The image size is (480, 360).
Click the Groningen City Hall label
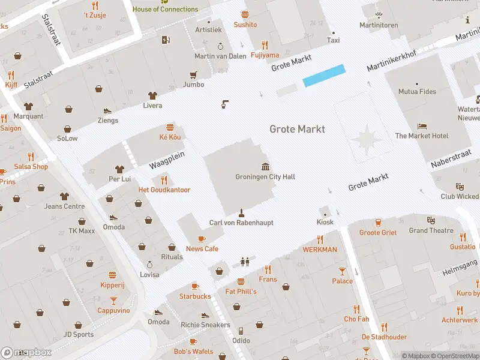[x=265, y=177]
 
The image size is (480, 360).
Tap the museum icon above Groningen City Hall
[x=265, y=166]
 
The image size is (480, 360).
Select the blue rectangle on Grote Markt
[x=324, y=76]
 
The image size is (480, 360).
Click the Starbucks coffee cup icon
[x=194, y=286]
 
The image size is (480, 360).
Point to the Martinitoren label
[x=379, y=25]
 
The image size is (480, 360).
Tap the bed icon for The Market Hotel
[x=422, y=126]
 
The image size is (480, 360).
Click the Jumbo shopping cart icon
[x=193, y=75]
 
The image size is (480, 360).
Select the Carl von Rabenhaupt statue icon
[x=241, y=212]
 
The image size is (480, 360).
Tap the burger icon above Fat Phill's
[x=241, y=281]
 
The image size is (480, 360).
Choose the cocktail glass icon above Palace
[x=342, y=271]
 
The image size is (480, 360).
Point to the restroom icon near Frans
[x=244, y=261]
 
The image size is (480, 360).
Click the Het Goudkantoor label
[x=164, y=190]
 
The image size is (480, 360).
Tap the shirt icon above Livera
[x=152, y=95]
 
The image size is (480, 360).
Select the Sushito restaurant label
[x=245, y=25]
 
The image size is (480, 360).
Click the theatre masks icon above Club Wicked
[x=460, y=187]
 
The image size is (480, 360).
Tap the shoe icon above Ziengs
[x=107, y=110]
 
